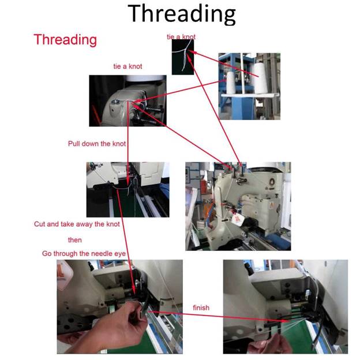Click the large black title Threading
coord(182,14)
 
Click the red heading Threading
coord(65,40)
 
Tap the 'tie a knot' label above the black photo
coord(181,36)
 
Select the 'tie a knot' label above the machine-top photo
coord(128,66)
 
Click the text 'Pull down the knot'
coord(97,144)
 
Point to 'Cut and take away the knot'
coord(77,224)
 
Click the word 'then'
coord(75,240)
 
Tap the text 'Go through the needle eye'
coord(84,254)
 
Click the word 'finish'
coord(201,307)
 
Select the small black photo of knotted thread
coord(183,57)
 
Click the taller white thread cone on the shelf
coord(261,78)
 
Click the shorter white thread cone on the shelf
coord(231,82)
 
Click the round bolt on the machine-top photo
coord(115,102)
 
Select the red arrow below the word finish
coord(219,316)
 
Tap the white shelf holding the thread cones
coord(250,95)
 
